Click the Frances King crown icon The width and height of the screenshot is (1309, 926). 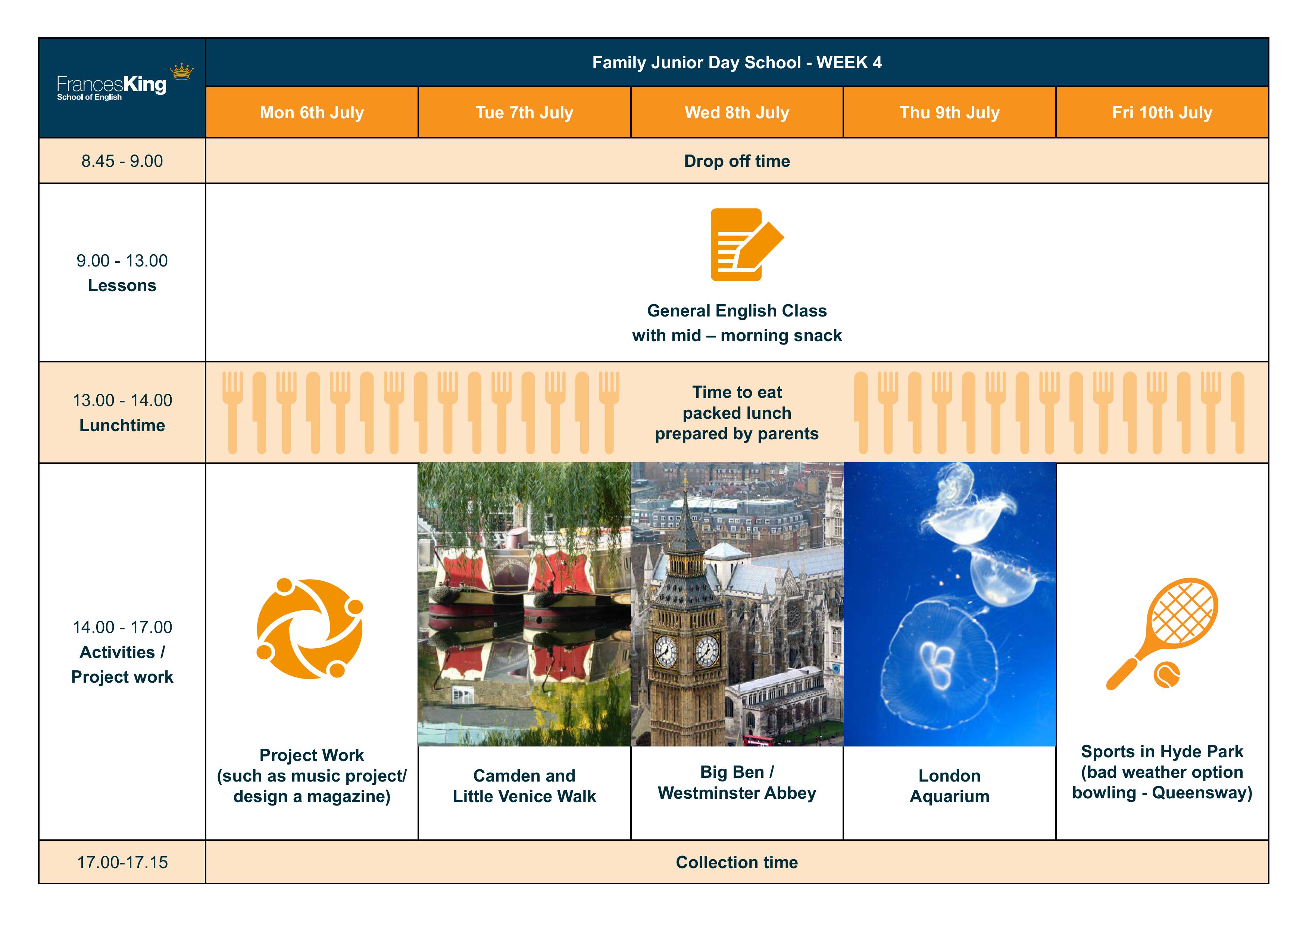(182, 71)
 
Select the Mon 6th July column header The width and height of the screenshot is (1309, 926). (312, 112)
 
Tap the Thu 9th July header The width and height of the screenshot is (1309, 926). (949, 112)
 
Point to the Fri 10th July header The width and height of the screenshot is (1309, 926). (1162, 112)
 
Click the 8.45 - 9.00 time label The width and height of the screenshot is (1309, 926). (122, 161)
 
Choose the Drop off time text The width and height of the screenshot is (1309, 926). (737, 161)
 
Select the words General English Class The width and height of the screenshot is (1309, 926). (737, 311)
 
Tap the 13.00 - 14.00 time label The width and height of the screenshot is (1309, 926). (122, 400)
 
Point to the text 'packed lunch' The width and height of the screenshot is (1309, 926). (737, 413)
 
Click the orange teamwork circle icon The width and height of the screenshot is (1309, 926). (310, 629)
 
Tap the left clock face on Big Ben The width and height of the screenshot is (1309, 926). (665, 651)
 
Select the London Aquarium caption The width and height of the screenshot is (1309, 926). (949, 786)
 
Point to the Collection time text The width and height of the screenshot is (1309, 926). (737, 862)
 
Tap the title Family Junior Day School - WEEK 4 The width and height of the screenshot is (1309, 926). (737, 62)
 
